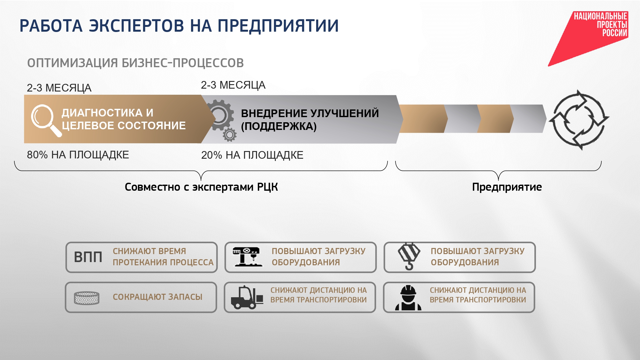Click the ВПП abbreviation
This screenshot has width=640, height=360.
point(88,257)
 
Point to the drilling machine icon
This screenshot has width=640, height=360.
point(247,257)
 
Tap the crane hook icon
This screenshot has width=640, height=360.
point(409,256)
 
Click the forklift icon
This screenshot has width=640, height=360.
point(247,297)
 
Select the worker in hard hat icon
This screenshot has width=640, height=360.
point(408,298)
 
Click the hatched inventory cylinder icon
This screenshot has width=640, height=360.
point(86,298)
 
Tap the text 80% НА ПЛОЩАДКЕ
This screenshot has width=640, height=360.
point(78,155)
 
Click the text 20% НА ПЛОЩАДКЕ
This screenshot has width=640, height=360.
point(252,155)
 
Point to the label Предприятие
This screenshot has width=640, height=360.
point(507,187)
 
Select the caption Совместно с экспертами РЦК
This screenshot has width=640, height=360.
point(201,187)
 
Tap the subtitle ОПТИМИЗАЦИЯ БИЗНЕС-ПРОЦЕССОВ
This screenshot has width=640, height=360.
point(135,63)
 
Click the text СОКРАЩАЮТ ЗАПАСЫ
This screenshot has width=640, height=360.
point(157,297)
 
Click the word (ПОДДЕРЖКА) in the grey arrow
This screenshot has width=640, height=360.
point(279,126)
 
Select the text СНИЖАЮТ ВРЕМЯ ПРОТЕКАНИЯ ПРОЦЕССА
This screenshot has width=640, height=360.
point(163,257)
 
